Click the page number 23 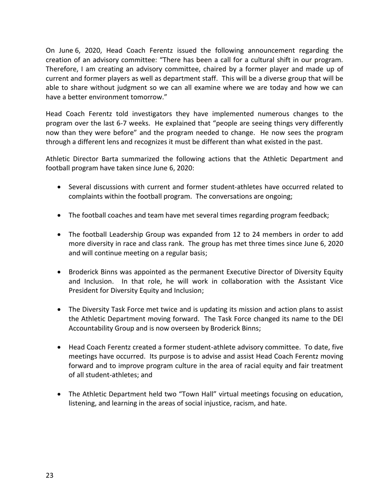point(50,475)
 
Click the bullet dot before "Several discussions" point(61,187)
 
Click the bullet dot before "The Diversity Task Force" point(61,310)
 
